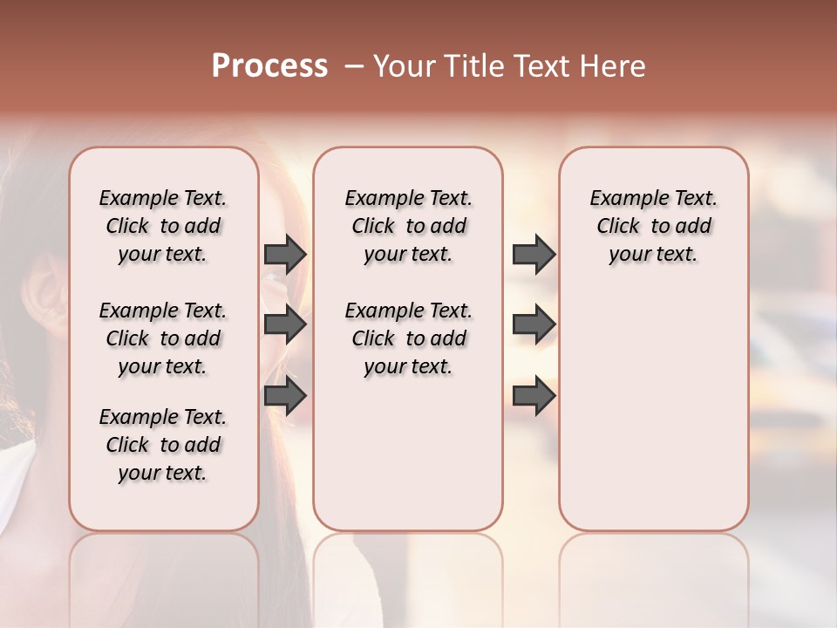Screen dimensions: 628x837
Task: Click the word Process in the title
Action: (269, 66)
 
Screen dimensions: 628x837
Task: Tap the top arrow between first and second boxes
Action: (285, 254)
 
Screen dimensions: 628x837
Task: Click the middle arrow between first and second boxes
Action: (285, 325)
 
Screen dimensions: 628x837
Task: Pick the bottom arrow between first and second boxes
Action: (285, 396)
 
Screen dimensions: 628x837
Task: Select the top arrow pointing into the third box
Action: (534, 254)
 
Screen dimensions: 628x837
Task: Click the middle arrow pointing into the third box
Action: (534, 325)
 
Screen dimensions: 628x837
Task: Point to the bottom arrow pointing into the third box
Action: (534, 396)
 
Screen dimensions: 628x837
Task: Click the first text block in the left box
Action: (163, 226)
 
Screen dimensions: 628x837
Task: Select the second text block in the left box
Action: (163, 338)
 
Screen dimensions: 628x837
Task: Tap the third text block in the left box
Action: (163, 445)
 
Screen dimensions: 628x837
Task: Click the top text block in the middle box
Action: (408, 226)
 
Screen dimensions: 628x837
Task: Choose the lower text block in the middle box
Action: (408, 338)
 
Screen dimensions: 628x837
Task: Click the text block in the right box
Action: (653, 226)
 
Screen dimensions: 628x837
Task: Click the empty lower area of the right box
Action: (653, 419)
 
